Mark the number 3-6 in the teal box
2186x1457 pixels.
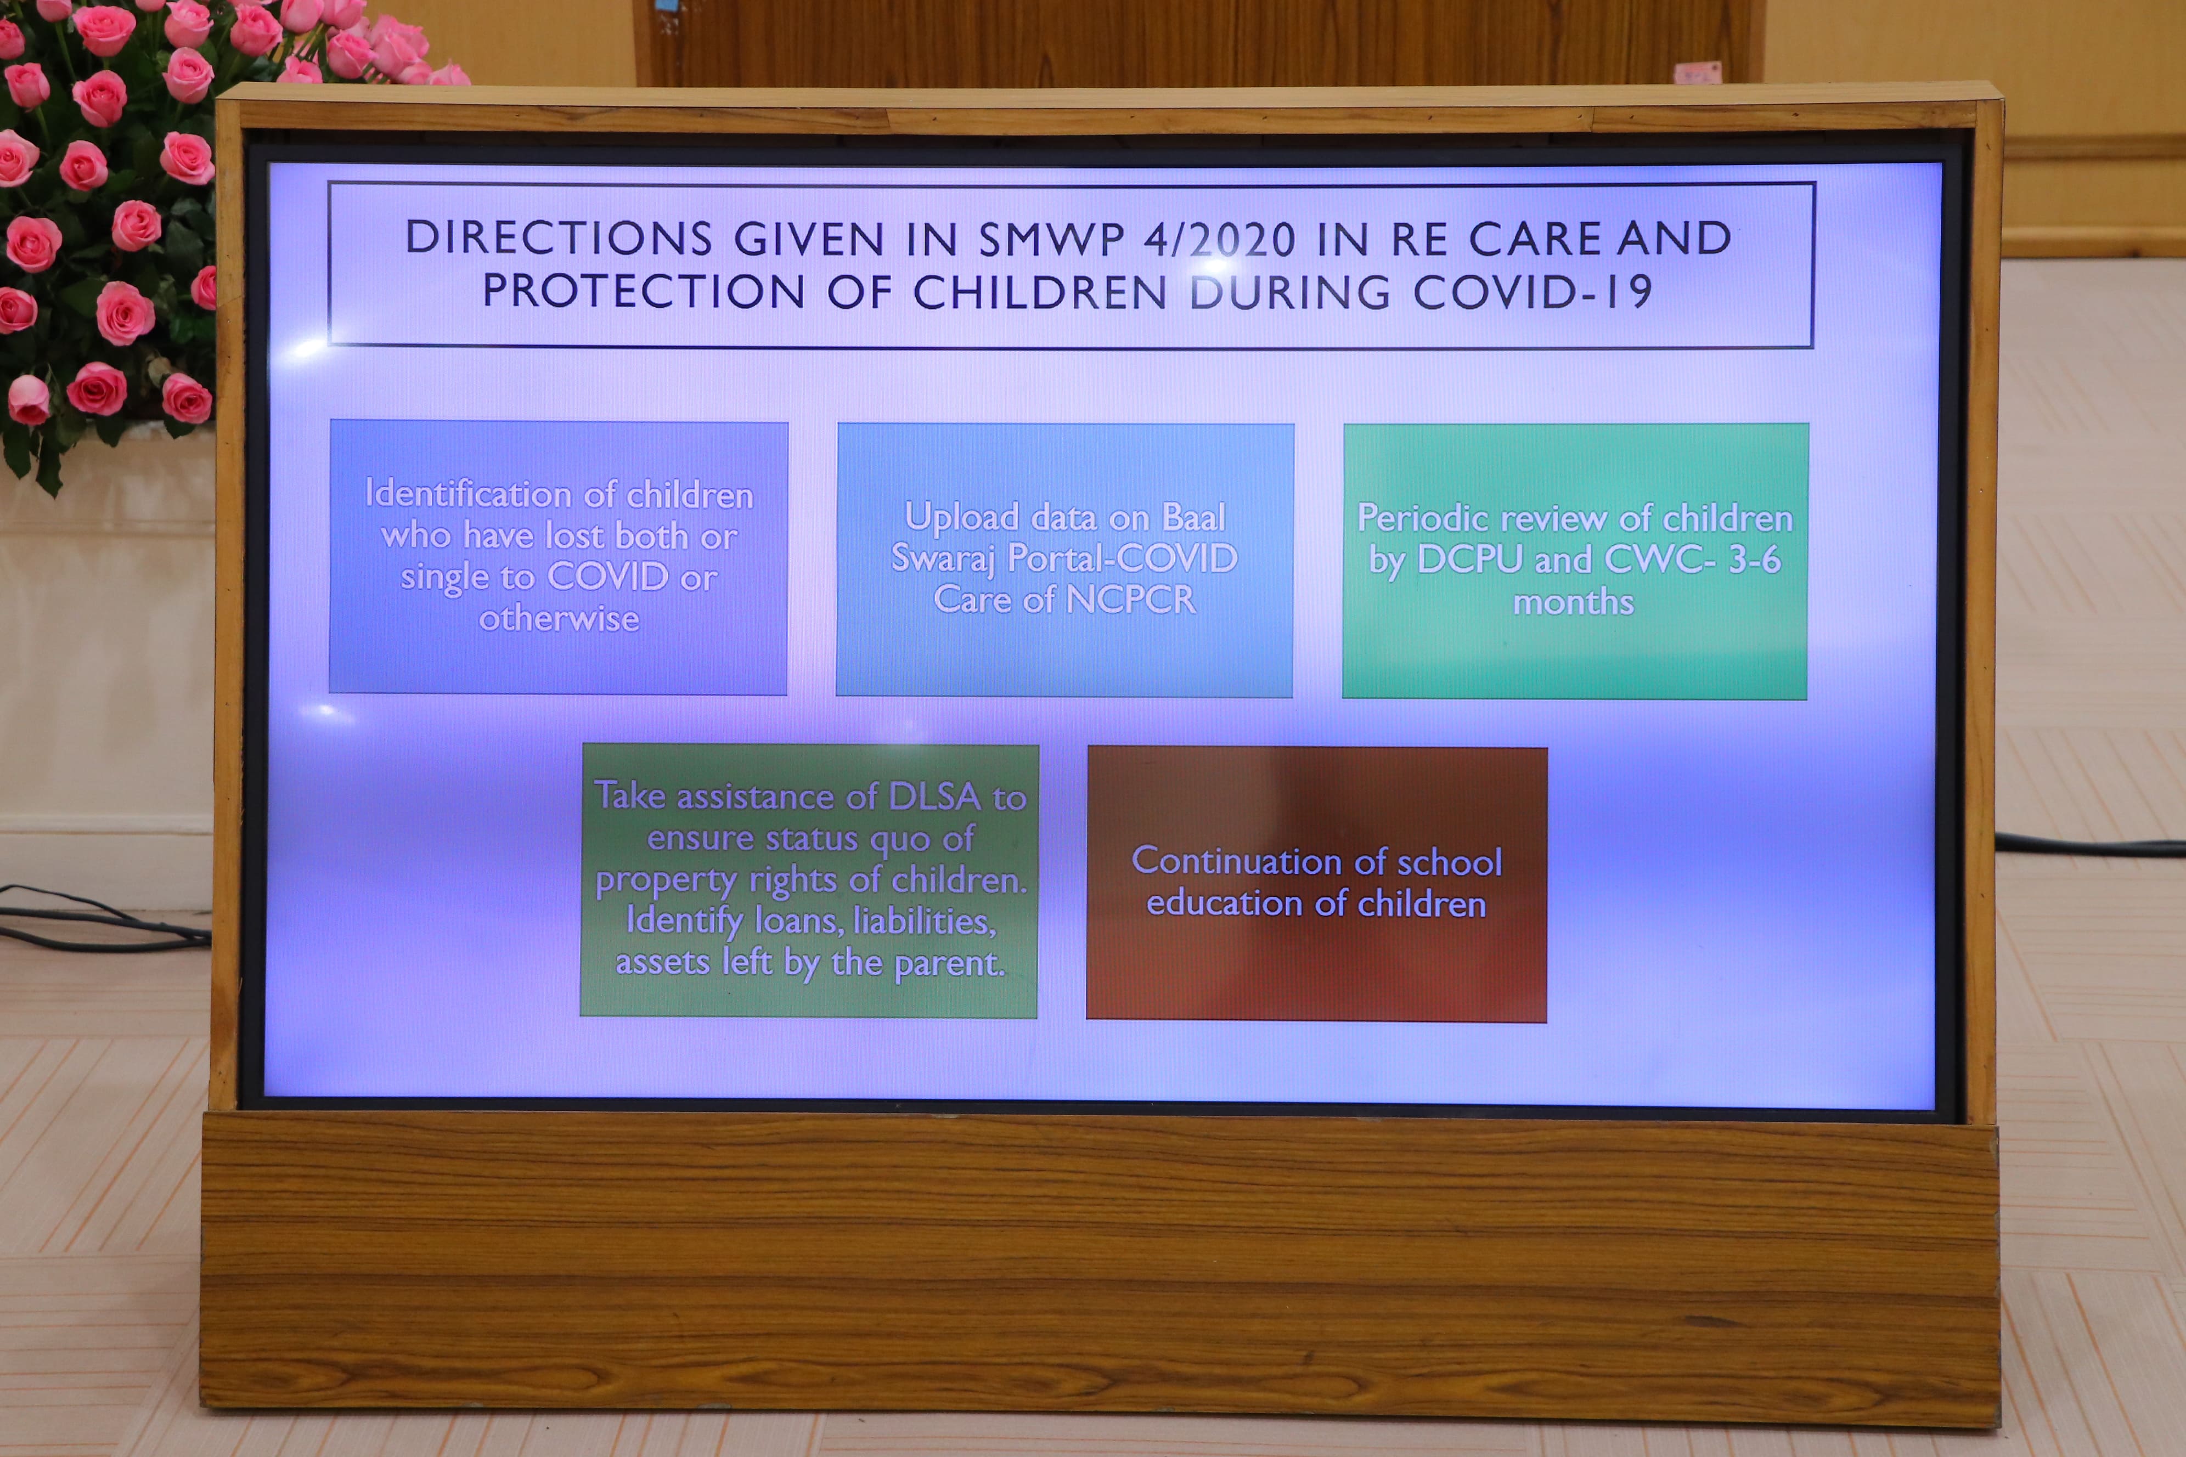1755,560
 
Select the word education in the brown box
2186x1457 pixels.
1225,903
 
